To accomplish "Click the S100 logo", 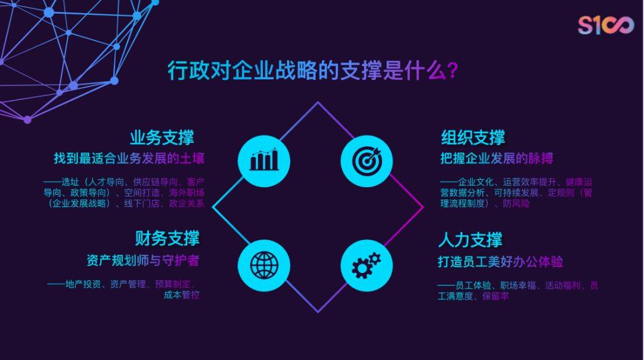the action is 606,26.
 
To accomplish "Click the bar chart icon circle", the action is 264,162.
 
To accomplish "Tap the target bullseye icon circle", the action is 367,162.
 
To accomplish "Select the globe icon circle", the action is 264,266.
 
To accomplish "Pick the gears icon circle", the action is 367,266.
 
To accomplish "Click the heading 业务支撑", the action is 162,138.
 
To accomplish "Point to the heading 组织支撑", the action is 473,138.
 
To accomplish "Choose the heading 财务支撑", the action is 167,238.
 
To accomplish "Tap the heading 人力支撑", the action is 470,240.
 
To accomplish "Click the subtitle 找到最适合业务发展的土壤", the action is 129,159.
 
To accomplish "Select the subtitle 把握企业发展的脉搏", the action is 497,159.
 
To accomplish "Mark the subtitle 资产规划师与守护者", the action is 143,260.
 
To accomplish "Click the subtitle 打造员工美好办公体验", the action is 500,262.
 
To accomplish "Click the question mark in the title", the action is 452,70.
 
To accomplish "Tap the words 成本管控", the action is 181,294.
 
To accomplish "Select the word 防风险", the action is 516,203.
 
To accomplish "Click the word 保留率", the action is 496,296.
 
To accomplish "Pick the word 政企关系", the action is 187,203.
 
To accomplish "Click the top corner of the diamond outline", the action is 317,102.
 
